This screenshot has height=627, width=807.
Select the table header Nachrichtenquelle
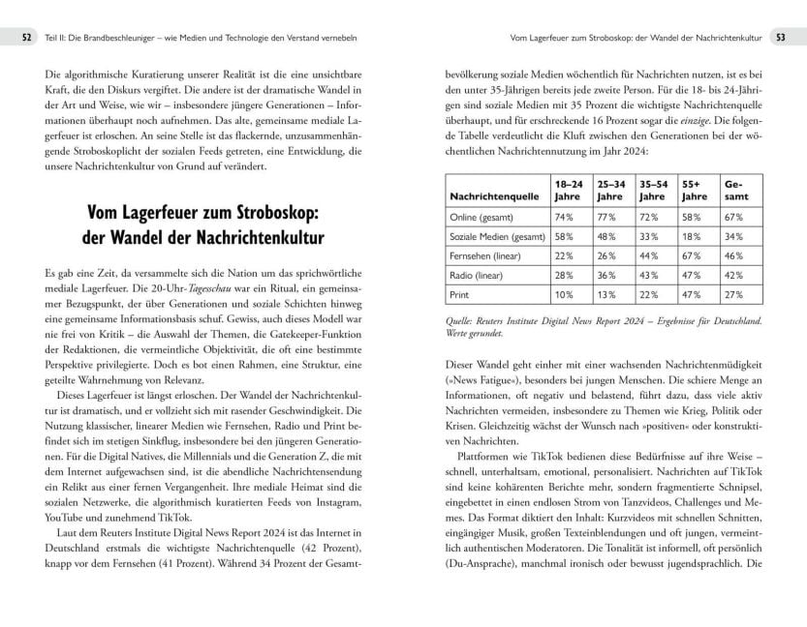click(x=494, y=196)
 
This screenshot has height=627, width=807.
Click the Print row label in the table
click(x=459, y=294)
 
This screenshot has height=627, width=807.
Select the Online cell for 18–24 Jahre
click(x=563, y=217)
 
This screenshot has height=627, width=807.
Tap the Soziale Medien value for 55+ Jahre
click(x=691, y=236)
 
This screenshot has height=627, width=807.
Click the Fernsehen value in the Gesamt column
click(x=732, y=255)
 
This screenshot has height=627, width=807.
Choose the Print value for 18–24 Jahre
click(x=563, y=294)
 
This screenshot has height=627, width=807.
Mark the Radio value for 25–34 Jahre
click(x=606, y=275)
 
